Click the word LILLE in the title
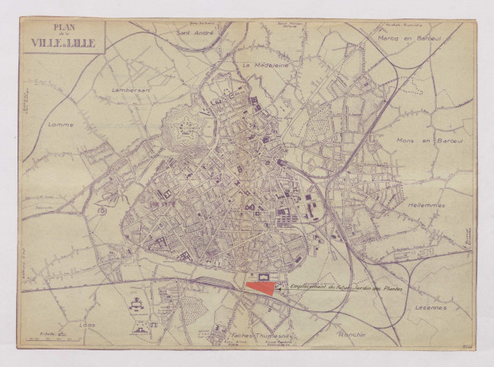(x=81, y=43)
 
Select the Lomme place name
(x=61, y=123)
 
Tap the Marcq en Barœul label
(x=406, y=37)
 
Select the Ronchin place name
(x=353, y=334)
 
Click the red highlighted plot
(x=261, y=288)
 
